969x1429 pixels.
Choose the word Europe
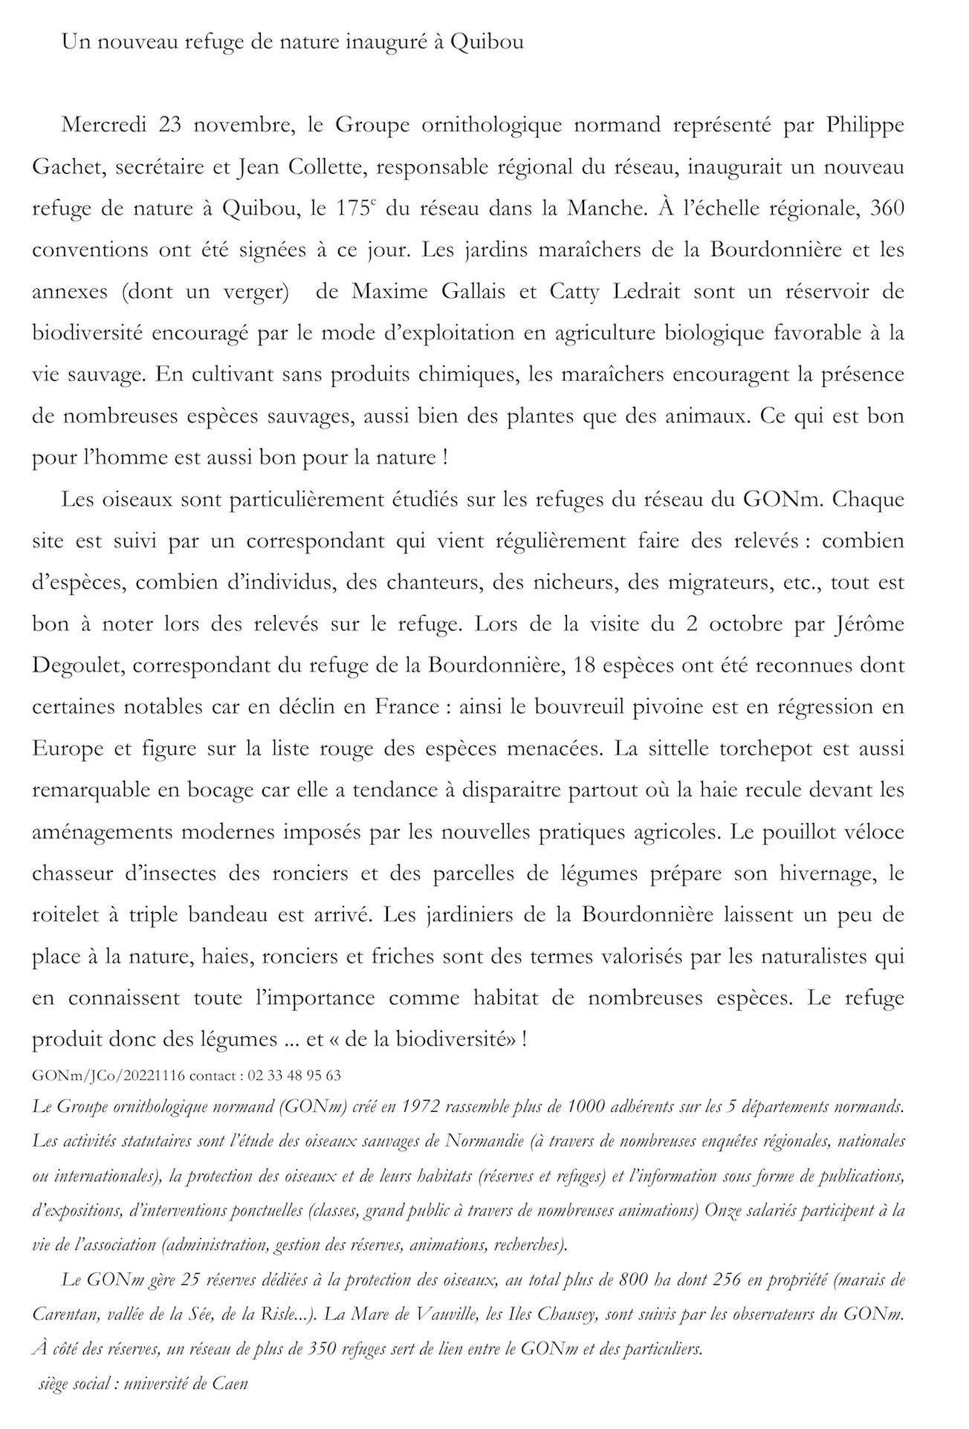(x=68, y=748)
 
